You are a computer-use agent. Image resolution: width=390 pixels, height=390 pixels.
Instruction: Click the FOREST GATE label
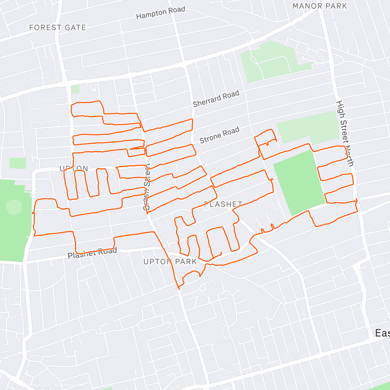tap(58, 28)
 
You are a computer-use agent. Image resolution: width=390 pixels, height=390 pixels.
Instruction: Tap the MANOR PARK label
tap(319, 6)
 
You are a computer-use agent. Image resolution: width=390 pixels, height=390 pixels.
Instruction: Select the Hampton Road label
tap(161, 13)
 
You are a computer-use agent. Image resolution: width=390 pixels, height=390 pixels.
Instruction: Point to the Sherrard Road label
tap(216, 99)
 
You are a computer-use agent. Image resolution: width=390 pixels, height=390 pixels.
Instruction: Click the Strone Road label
tap(219, 135)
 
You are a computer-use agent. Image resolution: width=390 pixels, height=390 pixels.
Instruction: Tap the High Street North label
tap(344, 133)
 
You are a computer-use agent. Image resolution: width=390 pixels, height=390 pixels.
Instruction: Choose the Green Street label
tap(147, 187)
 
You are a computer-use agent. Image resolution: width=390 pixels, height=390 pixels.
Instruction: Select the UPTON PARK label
tap(170, 262)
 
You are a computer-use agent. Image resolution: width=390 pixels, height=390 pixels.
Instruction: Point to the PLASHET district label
tap(223, 204)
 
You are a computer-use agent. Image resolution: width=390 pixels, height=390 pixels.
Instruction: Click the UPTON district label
tap(74, 168)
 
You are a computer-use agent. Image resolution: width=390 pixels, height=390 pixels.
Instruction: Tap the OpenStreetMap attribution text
tap(67, 386)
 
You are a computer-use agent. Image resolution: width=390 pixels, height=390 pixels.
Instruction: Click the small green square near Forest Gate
tap(75, 89)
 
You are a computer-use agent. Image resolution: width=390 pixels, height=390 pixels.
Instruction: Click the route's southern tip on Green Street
tap(178, 288)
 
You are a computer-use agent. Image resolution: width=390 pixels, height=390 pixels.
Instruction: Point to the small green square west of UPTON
tap(18, 163)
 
